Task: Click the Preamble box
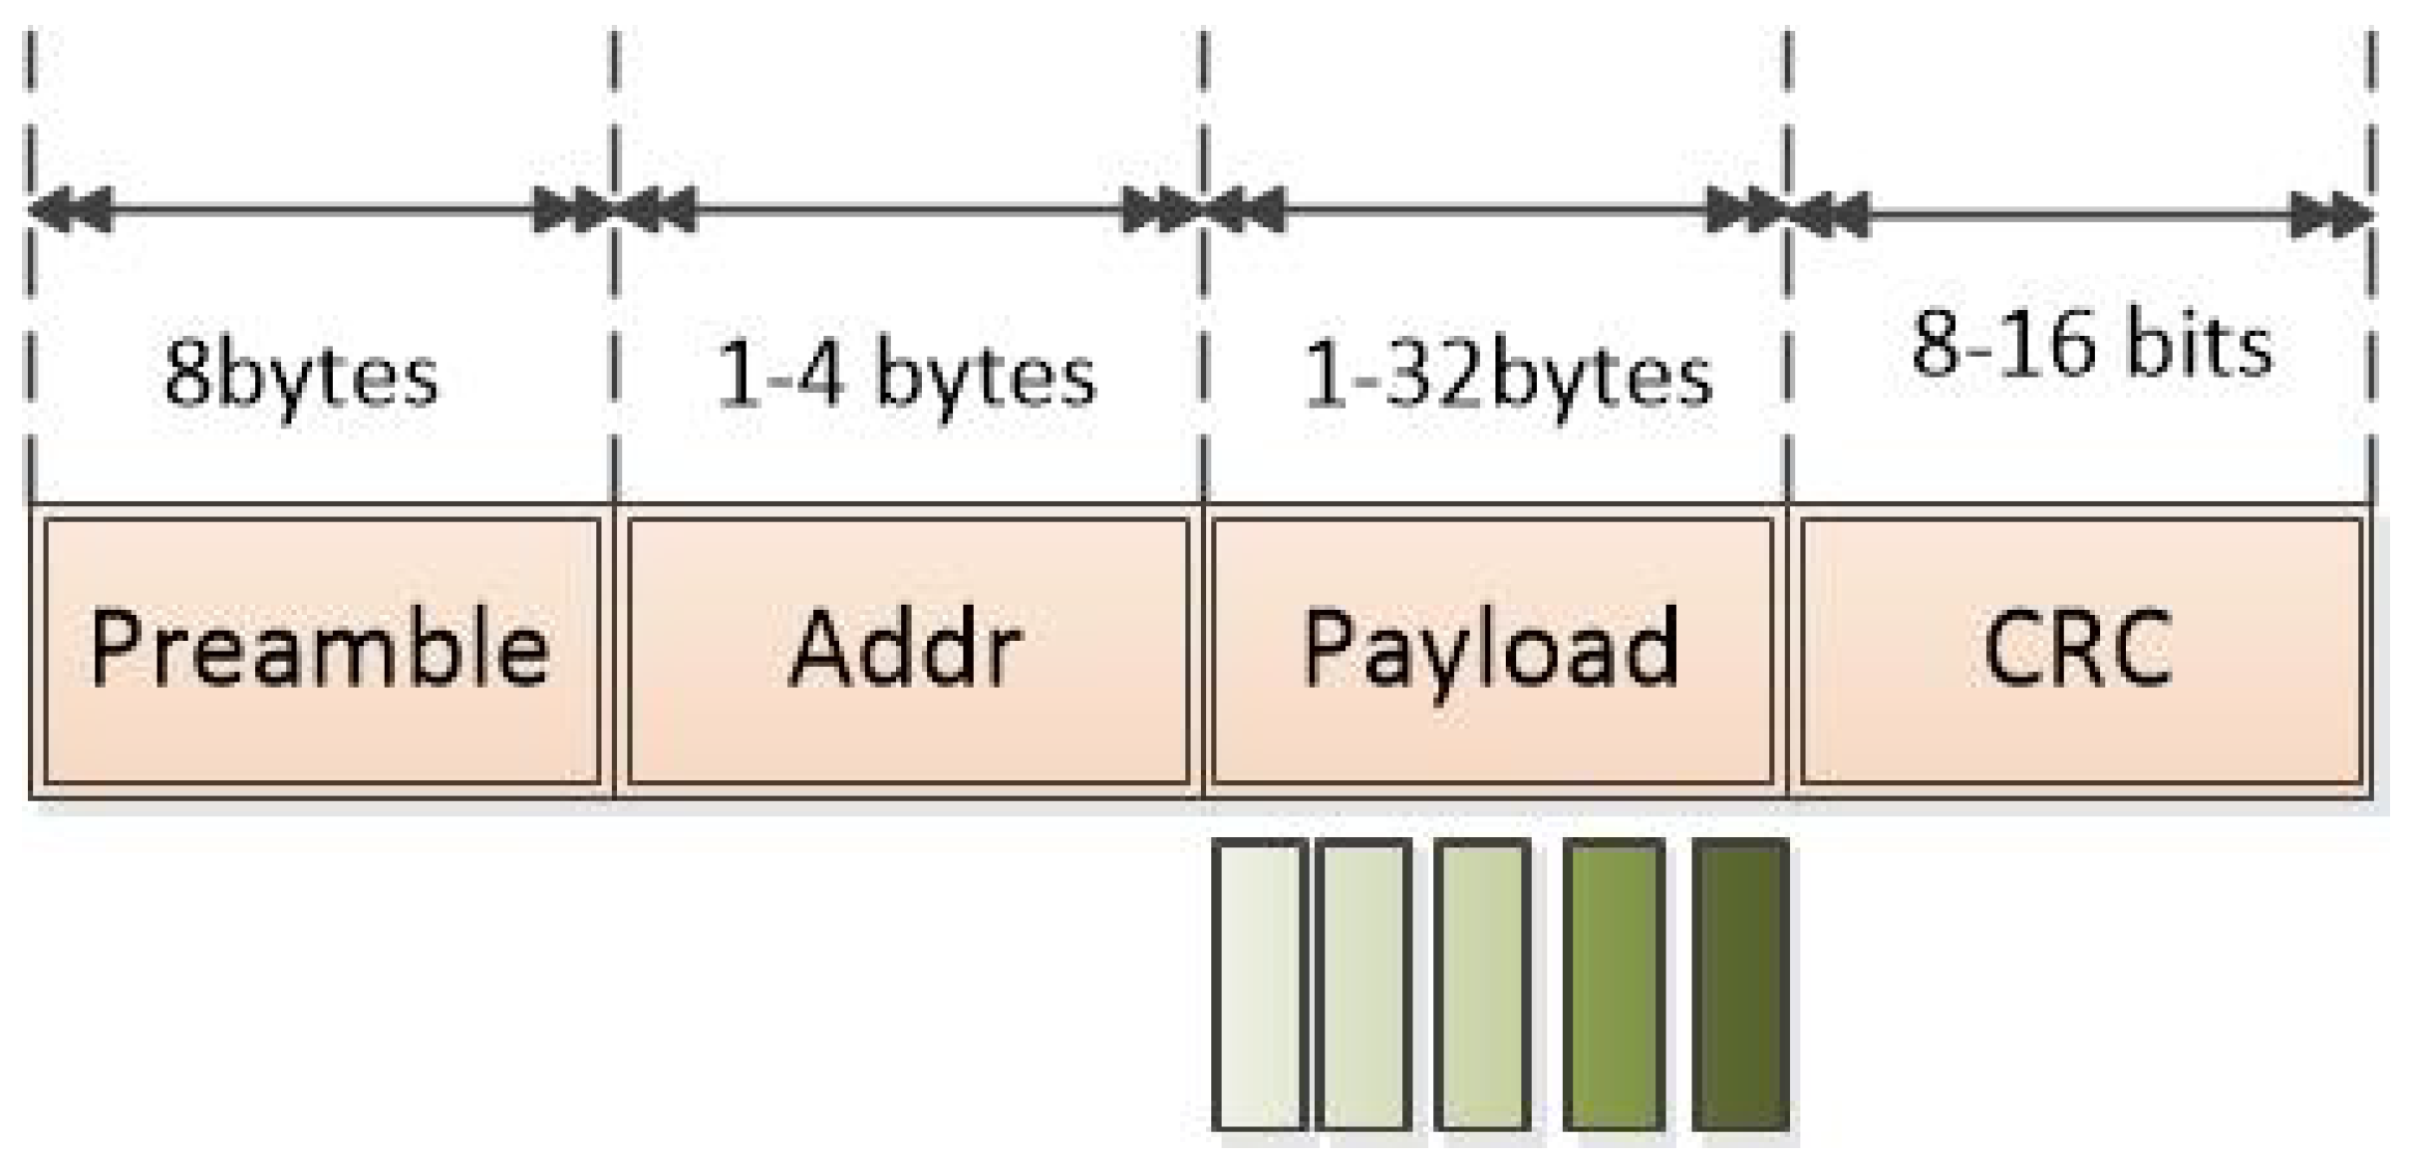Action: click(321, 650)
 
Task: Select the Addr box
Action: click(907, 650)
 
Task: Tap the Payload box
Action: click(1491, 650)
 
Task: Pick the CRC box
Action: click(2080, 650)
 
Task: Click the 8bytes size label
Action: click(301, 377)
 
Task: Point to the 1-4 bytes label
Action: click(906, 377)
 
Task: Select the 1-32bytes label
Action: click(1507, 377)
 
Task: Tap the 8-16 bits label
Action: click(2092, 347)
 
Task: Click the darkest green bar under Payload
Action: click(1740, 985)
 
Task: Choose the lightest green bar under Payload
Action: click(1259, 985)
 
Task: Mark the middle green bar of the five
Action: click(1482, 985)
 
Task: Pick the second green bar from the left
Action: click(1362, 985)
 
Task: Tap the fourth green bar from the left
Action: click(1614, 985)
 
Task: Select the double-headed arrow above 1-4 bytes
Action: click(908, 210)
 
